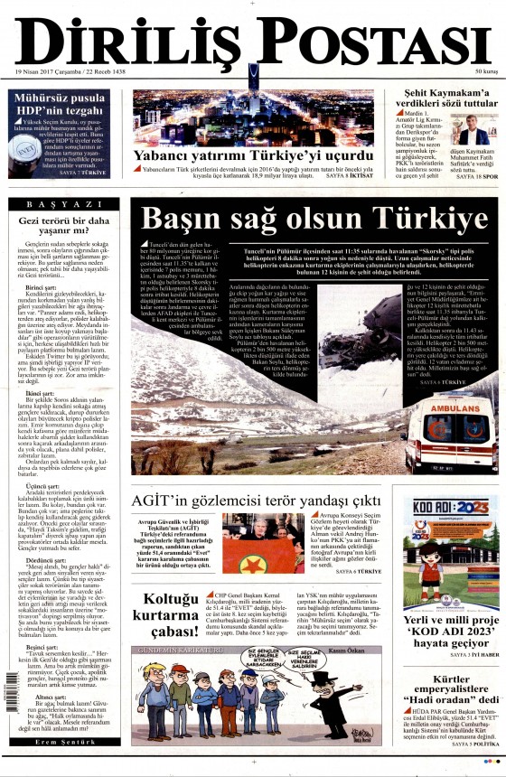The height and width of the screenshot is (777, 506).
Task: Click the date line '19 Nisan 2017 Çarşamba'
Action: pyautogui.click(x=52, y=72)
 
